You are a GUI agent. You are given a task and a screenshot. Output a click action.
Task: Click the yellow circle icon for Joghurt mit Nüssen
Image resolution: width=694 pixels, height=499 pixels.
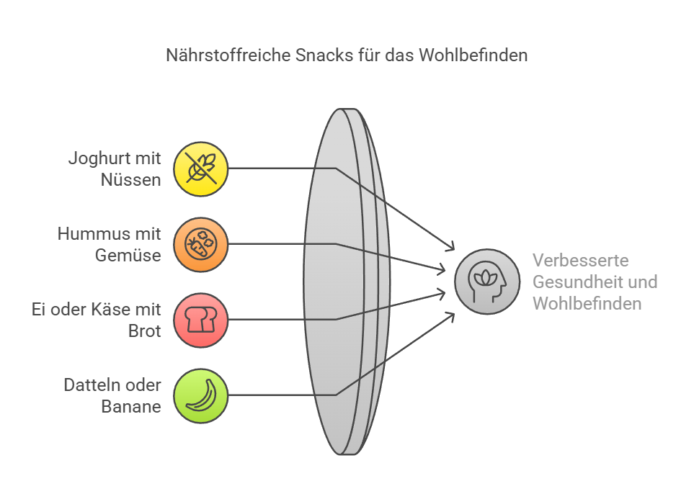pyautogui.click(x=200, y=169)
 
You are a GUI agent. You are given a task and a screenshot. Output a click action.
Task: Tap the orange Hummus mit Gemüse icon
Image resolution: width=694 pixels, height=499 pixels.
pyautogui.click(x=200, y=244)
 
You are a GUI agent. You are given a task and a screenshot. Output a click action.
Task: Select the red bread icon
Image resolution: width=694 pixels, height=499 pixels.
pyautogui.click(x=200, y=320)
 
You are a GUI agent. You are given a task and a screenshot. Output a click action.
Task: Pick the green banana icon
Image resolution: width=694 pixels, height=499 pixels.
pyautogui.click(x=200, y=395)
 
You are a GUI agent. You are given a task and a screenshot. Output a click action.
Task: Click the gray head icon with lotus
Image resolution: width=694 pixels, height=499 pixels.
pyautogui.click(x=487, y=282)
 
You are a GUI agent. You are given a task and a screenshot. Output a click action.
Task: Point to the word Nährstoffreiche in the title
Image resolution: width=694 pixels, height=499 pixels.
pyautogui.click(x=228, y=55)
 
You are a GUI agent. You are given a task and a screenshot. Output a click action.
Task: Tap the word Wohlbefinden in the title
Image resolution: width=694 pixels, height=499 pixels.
pyautogui.click(x=473, y=55)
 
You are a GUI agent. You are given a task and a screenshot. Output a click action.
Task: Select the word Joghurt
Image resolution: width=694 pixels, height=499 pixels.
pyautogui.click(x=97, y=159)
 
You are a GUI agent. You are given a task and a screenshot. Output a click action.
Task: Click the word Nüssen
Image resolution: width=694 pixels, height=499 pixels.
pyautogui.click(x=130, y=180)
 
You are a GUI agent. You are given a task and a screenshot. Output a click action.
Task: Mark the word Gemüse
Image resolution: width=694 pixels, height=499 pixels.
pyautogui.click(x=128, y=255)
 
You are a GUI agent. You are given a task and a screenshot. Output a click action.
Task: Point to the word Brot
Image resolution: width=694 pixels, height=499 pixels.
pyautogui.click(x=144, y=331)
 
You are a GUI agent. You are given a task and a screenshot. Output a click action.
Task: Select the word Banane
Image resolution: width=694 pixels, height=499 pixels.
pyautogui.click(x=131, y=407)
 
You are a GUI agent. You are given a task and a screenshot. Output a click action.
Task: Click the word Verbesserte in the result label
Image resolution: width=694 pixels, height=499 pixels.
pyautogui.click(x=580, y=260)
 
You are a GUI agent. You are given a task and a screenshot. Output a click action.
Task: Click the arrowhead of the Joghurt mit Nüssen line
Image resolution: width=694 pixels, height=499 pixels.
pyautogui.click(x=451, y=247)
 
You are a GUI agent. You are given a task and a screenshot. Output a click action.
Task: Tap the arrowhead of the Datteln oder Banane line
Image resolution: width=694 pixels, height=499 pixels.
pyautogui.click(x=451, y=316)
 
